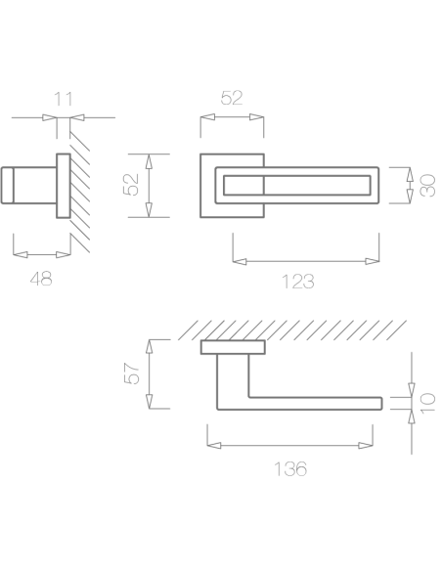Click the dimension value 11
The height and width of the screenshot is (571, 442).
click(63, 99)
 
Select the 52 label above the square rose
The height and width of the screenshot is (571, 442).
click(232, 98)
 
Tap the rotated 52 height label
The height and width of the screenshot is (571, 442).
click(131, 185)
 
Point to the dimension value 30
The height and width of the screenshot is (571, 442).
click(427, 186)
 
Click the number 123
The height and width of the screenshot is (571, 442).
click(298, 282)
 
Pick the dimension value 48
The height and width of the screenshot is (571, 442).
click(41, 279)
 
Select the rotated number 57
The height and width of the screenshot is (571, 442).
click(132, 373)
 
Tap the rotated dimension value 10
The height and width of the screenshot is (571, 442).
click(427, 403)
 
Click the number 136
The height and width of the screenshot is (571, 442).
click(290, 469)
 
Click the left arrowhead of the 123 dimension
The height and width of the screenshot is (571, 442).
click(240, 261)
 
